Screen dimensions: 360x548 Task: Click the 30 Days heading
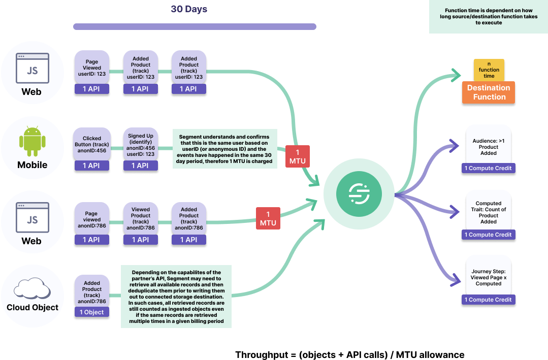pyautogui.click(x=189, y=9)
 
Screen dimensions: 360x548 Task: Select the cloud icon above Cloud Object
pyautogui.click(x=32, y=288)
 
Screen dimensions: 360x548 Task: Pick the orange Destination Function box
pyautogui.click(x=489, y=92)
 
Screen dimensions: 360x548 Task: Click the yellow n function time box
pyautogui.click(x=489, y=70)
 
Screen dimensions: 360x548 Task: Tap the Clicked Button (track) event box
pyautogui.click(x=92, y=144)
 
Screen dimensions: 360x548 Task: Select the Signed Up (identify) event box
pyautogui.click(x=140, y=144)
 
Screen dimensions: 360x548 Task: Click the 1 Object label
pyautogui.click(x=92, y=312)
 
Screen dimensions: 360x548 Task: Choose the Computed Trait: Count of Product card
pyautogui.click(x=489, y=212)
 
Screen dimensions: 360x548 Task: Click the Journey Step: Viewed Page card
pyautogui.click(x=489, y=278)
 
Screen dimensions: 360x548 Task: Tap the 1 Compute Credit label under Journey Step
pyautogui.click(x=488, y=300)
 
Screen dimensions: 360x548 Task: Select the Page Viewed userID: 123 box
pyautogui.click(x=92, y=68)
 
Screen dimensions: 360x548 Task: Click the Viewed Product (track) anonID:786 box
pyautogui.click(x=140, y=218)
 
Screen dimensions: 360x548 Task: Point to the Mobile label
pyautogui.click(x=32, y=165)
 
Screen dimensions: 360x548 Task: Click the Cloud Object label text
pyautogui.click(x=32, y=307)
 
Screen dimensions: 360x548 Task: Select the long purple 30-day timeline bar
pyautogui.click(x=195, y=26)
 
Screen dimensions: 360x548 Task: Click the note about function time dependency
pyautogui.click(x=489, y=17)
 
